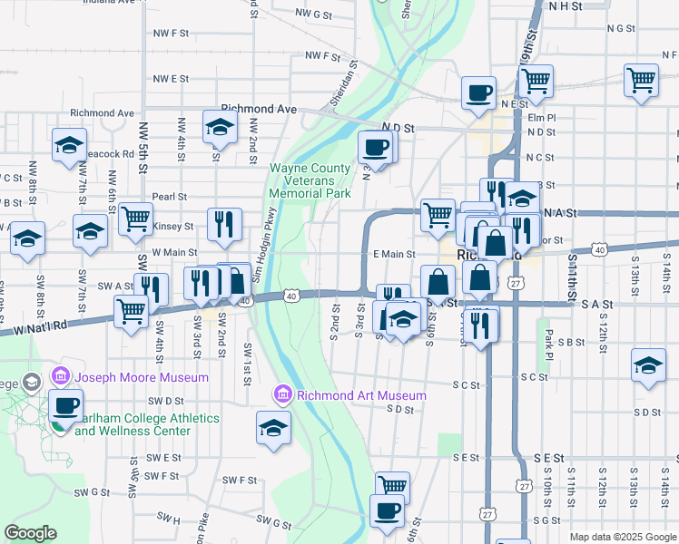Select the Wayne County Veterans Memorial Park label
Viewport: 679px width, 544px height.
click(310, 180)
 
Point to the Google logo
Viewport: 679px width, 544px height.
click(30, 533)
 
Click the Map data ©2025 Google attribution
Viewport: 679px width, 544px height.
click(623, 537)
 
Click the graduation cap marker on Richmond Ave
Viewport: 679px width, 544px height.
click(219, 129)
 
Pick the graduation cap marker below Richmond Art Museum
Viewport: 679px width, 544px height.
click(273, 428)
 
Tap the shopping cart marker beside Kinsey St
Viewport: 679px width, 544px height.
click(135, 218)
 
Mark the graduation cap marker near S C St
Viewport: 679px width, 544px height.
click(648, 365)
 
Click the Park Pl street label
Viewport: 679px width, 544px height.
click(548, 342)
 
